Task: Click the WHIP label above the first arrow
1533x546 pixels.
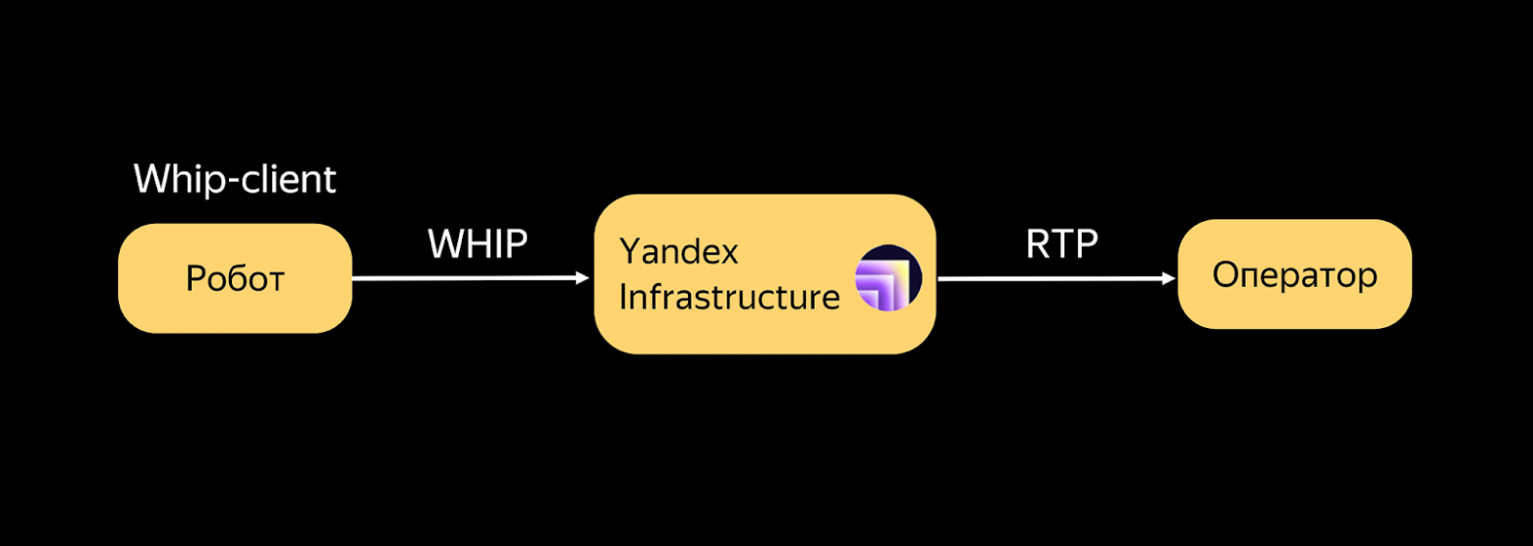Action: tap(478, 245)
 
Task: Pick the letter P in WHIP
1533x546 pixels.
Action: tap(517, 245)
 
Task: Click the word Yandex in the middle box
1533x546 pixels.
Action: tap(678, 252)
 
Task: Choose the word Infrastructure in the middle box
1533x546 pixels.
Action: tap(729, 297)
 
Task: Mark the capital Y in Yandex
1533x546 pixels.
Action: tap(629, 251)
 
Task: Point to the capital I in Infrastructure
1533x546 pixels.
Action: tap(623, 297)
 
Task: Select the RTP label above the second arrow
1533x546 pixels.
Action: tap(1061, 245)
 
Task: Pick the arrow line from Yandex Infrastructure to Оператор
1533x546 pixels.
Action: tap(1051, 279)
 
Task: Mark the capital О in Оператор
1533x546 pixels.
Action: tap(1223, 275)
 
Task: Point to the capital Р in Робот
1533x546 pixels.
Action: tap(195, 280)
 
